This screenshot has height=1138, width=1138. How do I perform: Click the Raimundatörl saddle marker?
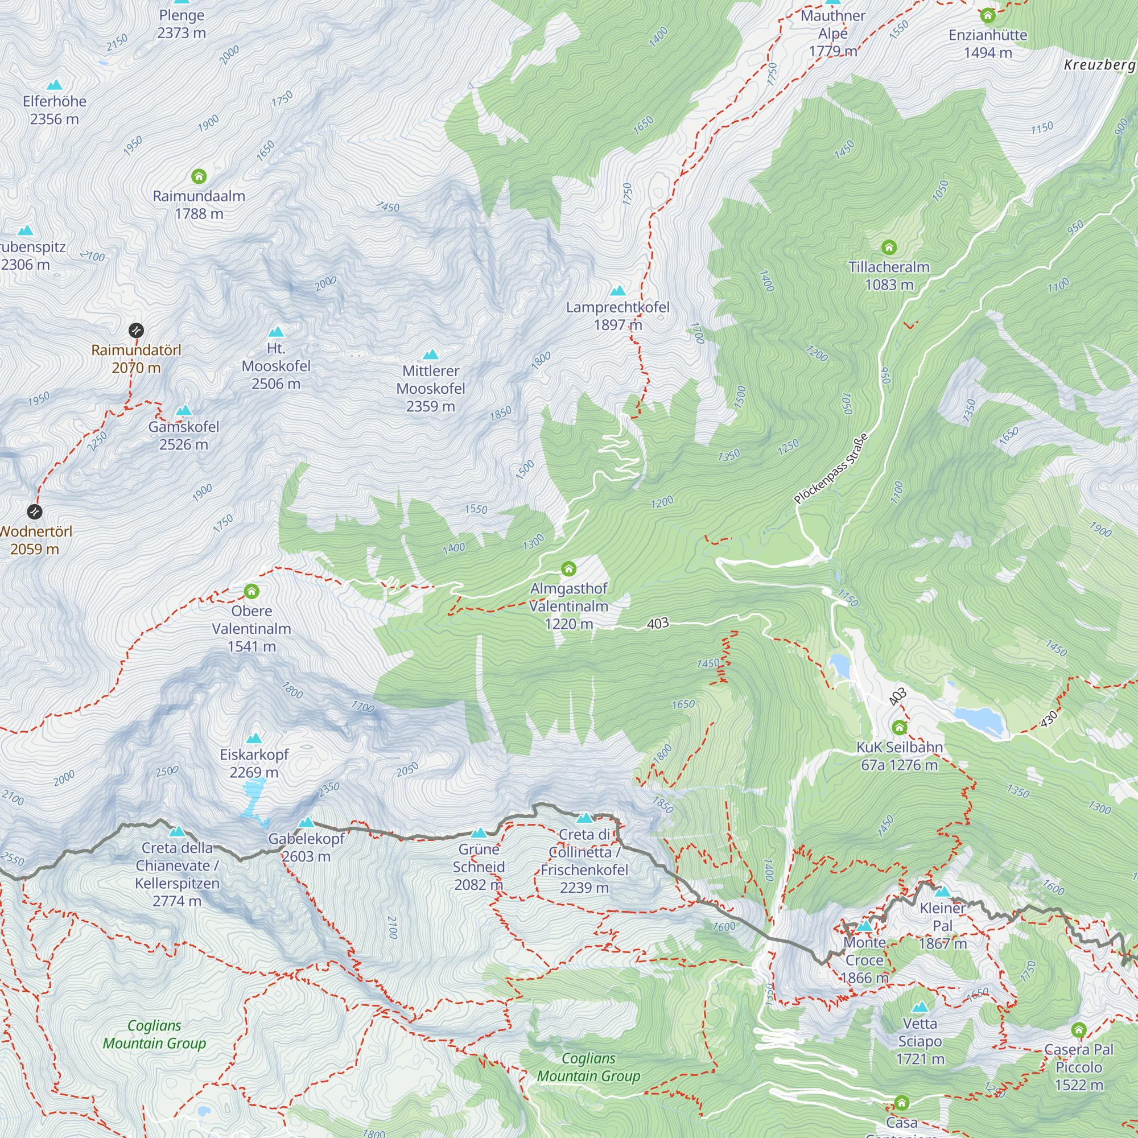tap(136, 330)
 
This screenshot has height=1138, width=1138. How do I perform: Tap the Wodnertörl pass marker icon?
tap(35, 512)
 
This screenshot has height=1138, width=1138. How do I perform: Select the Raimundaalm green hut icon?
tap(199, 176)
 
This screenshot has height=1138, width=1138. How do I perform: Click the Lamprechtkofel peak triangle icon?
tap(618, 290)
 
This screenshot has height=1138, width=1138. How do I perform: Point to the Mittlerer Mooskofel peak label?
tap(431, 388)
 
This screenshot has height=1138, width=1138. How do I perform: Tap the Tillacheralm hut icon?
tap(889, 248)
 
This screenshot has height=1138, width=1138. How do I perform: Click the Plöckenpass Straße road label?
tap(831, 469)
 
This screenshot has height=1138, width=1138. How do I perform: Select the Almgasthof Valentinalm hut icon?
tap(568, 568)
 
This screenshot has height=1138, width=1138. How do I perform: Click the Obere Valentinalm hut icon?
tap(251, 591)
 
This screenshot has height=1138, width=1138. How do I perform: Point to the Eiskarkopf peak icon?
tap(254, 739)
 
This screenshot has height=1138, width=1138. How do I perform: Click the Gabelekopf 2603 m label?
tap(306, 847)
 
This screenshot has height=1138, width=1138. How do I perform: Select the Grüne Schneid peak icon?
tap(479, 833)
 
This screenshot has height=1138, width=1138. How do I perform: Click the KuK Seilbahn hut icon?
tap(900, 727)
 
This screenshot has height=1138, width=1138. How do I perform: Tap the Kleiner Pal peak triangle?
tap(942, 892)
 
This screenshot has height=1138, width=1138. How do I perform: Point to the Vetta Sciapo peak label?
tap(920, 1041)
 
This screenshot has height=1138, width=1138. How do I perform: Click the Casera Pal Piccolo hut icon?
tap(1078, 1030)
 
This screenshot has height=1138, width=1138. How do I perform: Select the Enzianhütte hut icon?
tap(988, 15)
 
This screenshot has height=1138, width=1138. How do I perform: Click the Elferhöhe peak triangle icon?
tap(54, 85)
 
